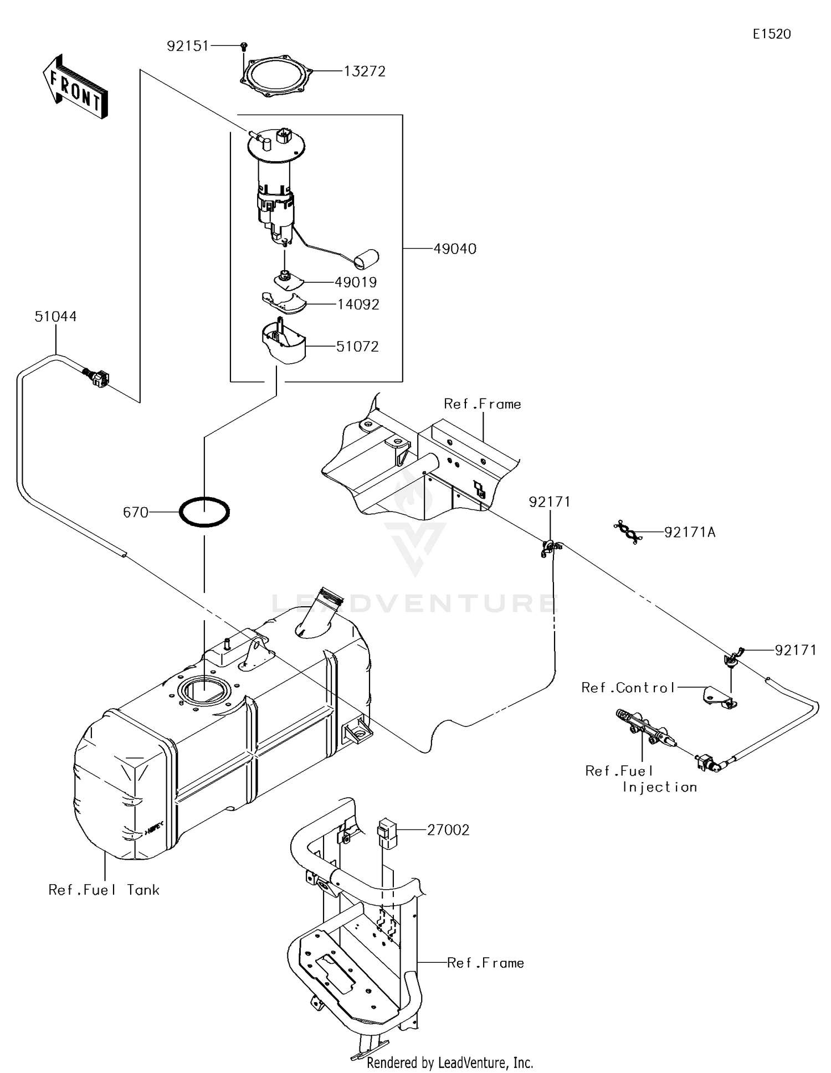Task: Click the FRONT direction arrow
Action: [75, 87]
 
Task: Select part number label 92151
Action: [188, 46]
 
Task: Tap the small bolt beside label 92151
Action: [244, 47]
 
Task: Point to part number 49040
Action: [454, 249]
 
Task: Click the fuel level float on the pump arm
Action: [366, 257]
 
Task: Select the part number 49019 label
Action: [356, 282]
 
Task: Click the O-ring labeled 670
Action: [204, 512]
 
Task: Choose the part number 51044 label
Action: [55, 317]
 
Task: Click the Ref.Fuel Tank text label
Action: [104, 890]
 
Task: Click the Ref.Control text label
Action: [628, 688]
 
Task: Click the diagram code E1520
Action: [771, 34]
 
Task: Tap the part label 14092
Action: [358, 305]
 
